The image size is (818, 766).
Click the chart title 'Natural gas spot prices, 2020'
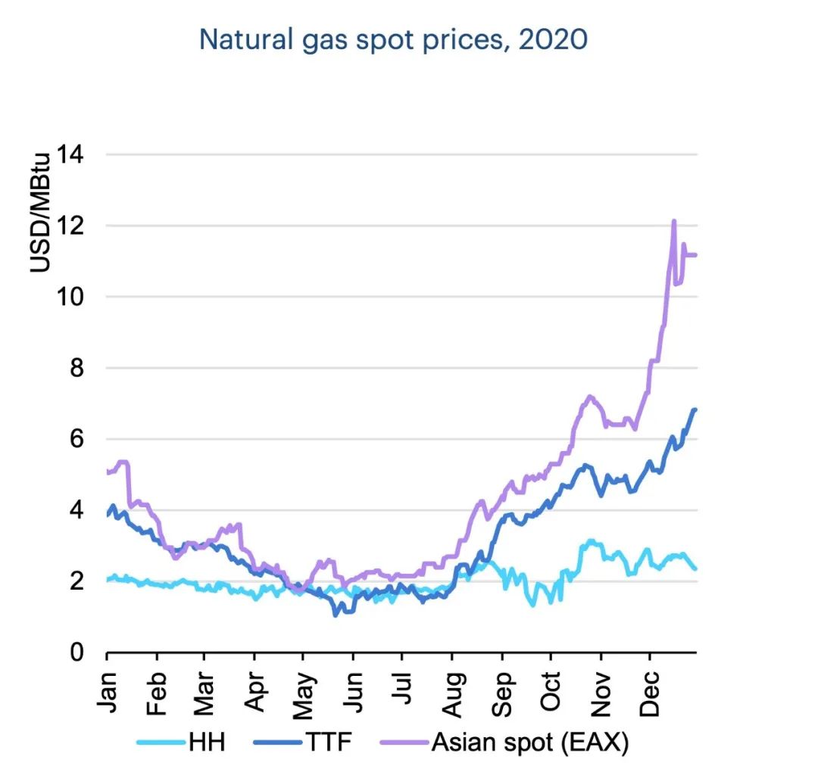393,40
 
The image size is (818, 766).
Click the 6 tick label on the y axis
79,439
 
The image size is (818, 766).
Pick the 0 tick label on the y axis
79,652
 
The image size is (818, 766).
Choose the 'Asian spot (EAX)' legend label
530,743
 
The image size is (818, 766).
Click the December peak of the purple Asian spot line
673,221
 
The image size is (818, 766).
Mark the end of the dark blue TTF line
695,409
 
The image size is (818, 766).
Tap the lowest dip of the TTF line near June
336,615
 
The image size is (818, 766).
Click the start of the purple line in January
108,472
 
